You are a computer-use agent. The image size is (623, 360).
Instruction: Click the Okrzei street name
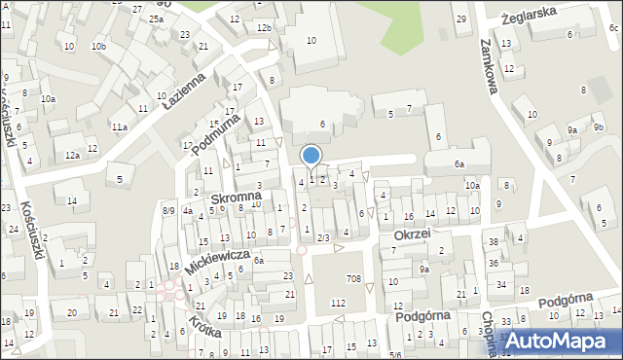[x=412, y=235]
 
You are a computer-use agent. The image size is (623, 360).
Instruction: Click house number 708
[x=354, y=280]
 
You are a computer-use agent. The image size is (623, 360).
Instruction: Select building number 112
[x=338, y=304]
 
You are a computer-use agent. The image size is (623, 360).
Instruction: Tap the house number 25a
[x=156, y=18]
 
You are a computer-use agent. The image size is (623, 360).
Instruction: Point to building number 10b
[x=98, y=46]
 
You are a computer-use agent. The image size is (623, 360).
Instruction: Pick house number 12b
[x=264, y=28]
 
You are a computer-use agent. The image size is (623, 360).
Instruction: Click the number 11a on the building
[x=119, y=127]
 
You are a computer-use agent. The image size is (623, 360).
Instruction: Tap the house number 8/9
[x=168, y=210]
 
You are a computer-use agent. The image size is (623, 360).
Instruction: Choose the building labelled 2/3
[x=323, y=237]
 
